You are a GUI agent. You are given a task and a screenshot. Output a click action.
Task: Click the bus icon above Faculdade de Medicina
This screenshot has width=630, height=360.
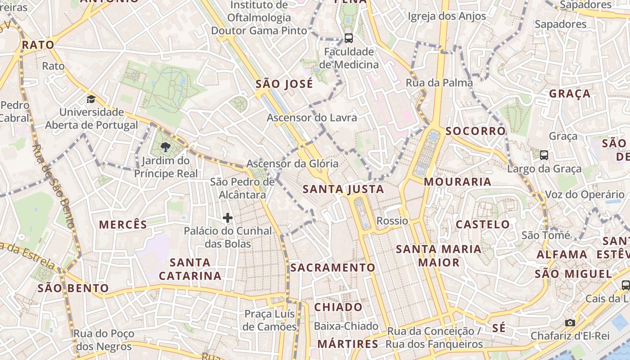click(x=348, y=38)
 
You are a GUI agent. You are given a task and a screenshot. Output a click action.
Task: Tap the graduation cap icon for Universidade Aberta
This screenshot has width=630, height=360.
click(x=91, y=99)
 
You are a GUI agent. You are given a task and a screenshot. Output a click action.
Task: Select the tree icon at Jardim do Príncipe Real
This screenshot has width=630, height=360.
click(x=166, y=147)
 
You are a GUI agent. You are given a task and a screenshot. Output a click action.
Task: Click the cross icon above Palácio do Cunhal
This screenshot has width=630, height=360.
click(x=228, y=218)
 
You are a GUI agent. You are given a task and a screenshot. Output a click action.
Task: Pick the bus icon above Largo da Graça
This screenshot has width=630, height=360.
click(x=544, y=155)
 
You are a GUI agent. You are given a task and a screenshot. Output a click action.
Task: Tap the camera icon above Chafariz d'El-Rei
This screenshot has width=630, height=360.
click(x=570, y=323)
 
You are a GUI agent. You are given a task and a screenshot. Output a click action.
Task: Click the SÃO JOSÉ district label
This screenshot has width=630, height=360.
click(x=284, y=84)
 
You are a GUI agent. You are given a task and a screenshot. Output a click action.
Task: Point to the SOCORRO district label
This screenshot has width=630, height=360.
click(x=476, y=131)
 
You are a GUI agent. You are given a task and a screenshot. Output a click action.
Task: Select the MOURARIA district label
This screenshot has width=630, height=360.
click(x=458, y=182)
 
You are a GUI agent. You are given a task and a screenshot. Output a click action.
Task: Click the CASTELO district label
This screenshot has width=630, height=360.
click(x=483, y=224)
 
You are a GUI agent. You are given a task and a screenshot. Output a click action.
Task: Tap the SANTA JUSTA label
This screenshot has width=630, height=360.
click(x=343, y=189)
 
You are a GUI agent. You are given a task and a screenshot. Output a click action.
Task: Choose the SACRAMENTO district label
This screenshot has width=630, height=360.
click(x=333, y=268)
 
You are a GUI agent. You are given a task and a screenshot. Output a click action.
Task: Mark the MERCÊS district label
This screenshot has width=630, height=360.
click(x=123, y=225)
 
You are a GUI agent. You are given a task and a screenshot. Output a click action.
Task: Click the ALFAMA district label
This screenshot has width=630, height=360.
click(x=562, y=254)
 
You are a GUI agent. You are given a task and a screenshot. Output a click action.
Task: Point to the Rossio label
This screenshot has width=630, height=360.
click(x=392, y=221)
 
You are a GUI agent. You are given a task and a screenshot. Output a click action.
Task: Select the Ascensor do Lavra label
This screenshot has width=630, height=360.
click(x=312, y=118)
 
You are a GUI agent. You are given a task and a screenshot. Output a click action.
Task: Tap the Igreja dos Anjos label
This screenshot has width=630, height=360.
click(x=447, y=17)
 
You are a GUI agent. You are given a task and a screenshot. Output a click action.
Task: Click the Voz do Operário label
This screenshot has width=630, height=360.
click(x=585, y=195)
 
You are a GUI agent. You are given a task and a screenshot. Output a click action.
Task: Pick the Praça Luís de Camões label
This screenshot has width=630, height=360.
click(x=270, y=320)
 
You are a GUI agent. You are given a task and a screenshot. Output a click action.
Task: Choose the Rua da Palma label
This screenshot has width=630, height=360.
click(x=439, y=83)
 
